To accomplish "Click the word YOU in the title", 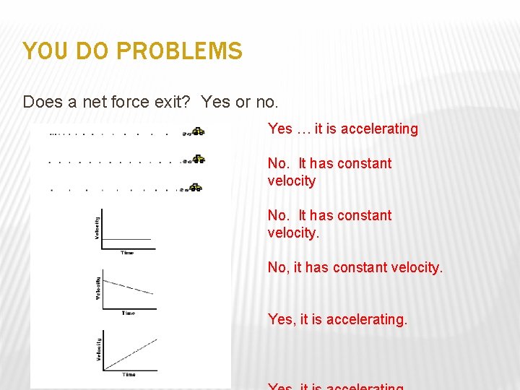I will click(42, 51).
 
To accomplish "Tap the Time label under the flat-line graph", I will click(127, 253).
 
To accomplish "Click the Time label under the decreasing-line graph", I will click(128, 313).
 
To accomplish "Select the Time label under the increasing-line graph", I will click(129, 375).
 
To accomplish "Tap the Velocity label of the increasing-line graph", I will click(97, 350).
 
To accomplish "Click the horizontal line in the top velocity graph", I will click(127, 239).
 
